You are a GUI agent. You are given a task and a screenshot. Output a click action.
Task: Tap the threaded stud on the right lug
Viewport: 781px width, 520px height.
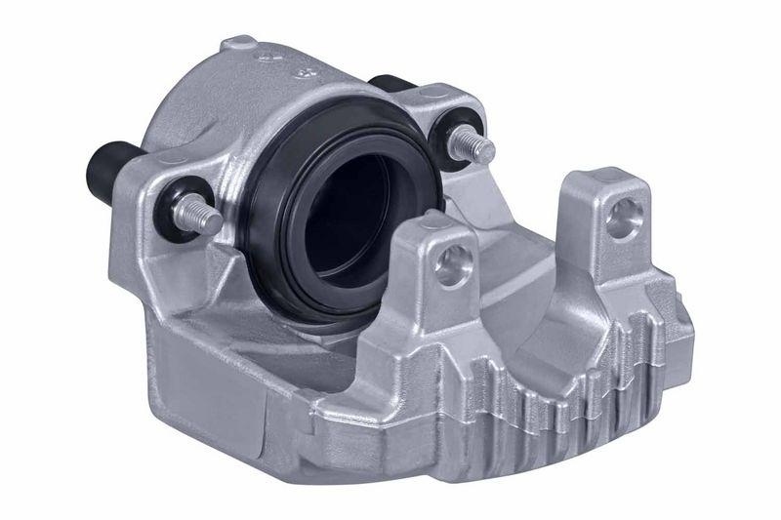coord(475,143)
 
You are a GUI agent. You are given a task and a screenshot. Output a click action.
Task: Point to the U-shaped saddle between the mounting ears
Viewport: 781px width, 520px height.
coord(527,254)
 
